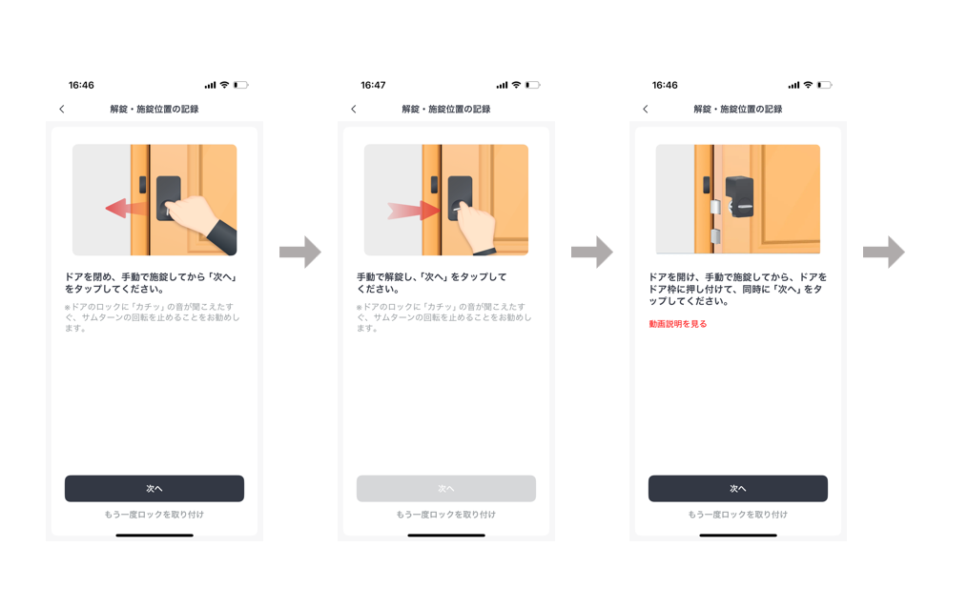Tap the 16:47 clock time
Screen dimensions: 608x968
click(x=373, y=86)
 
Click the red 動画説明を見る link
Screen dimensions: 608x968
click(x=678, y=324)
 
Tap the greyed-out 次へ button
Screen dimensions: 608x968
click(x=446, y=489)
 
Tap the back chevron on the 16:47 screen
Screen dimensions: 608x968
click(x=354, y=110)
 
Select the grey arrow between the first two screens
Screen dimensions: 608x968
click(x=299, y=252)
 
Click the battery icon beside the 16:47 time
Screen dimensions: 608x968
click(x=532, y=86)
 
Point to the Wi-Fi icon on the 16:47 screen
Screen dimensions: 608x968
click(x=517, y=86)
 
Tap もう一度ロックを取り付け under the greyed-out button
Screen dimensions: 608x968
click(x=446, y=515)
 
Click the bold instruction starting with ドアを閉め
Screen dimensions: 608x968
click(x=151, y=283)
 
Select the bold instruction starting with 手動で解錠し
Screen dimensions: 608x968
click(x=432, y=283)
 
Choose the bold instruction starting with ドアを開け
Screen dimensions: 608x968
click(x=737, y=289)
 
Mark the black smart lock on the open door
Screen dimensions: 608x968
click(x=740, y=197)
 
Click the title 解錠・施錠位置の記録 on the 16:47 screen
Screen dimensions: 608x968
click(x=446, y=110)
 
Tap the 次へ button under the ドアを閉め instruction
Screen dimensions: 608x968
click(x=154, y=489)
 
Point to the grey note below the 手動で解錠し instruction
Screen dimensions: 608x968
click(x=444, y=318)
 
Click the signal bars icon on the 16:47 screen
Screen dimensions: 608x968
click(x=502, y=86)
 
